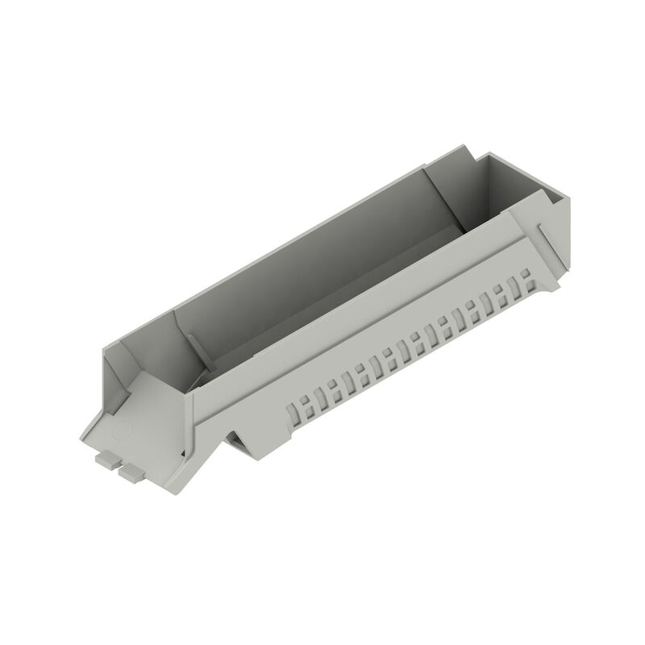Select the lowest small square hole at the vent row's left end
[293, 416]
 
